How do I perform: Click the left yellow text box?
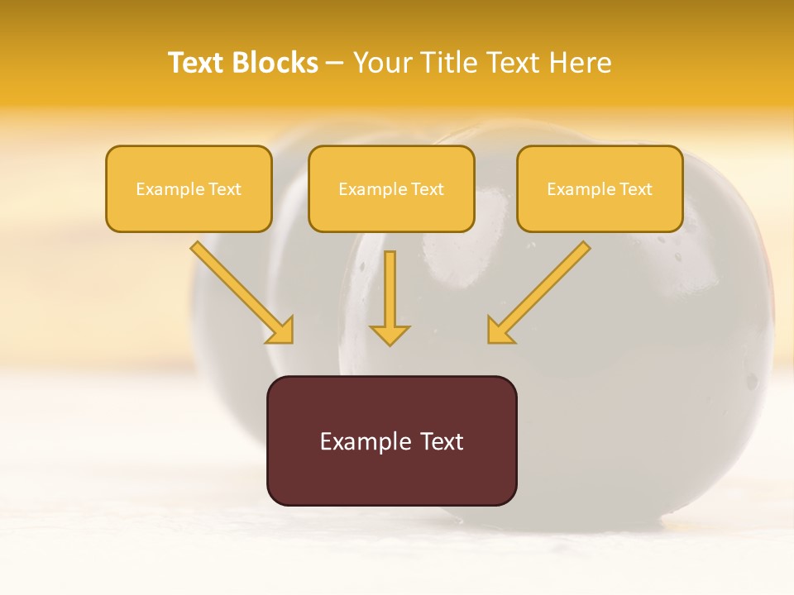[189, 188]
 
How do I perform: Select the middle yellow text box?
[391, 188]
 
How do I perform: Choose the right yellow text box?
[600, 188]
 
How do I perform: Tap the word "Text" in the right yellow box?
[636, 189]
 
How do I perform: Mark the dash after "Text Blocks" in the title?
[335, 64]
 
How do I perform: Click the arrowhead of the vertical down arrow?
[390, 335]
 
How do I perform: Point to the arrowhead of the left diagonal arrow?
[281, 331]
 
